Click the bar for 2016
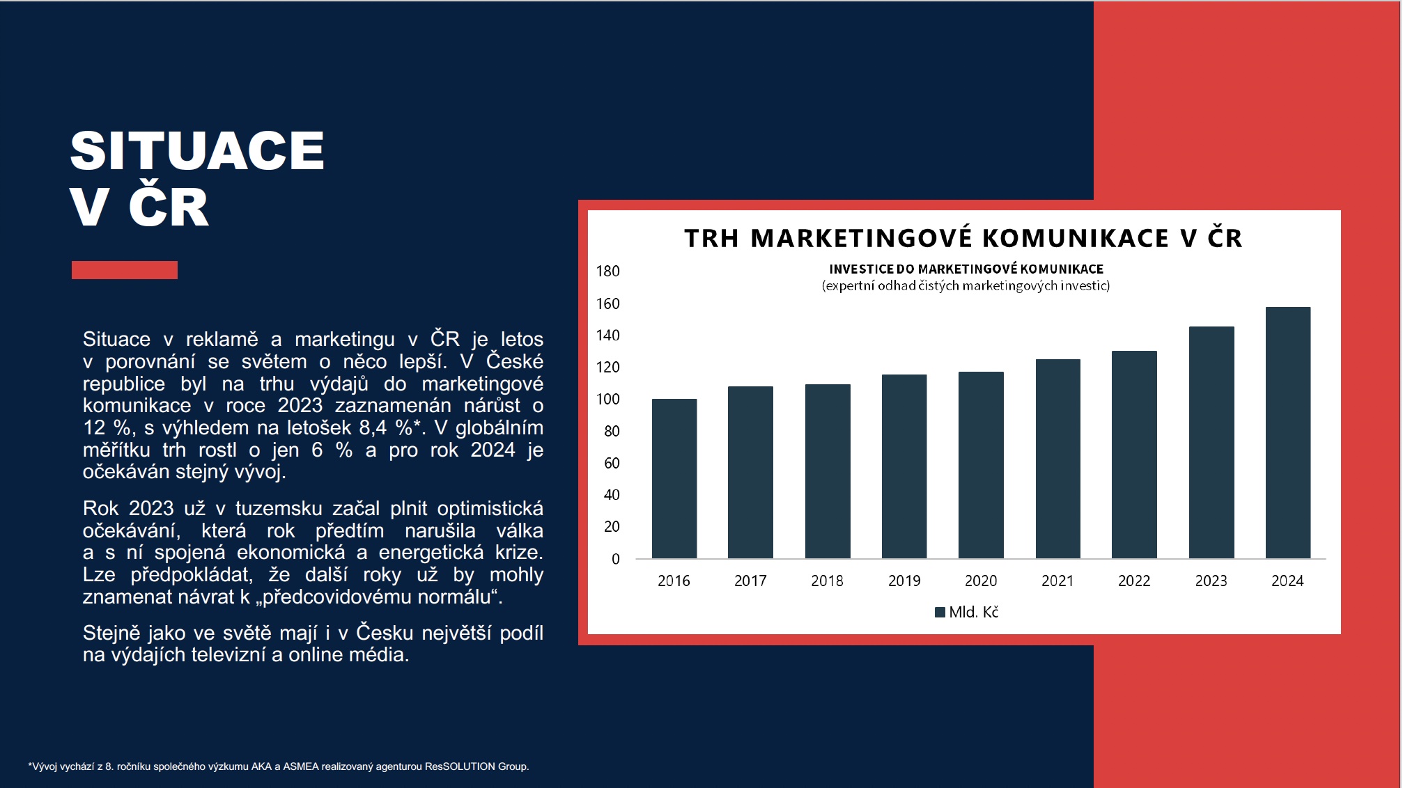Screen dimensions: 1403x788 point(674,478)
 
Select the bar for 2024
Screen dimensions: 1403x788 point(1288,432)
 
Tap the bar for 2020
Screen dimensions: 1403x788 point(981,465)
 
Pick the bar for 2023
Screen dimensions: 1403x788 point(1211,442)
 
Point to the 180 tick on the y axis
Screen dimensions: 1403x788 point(607,271)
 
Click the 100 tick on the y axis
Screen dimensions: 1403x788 point(607,399)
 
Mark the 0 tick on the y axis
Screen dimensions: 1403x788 point(615,558)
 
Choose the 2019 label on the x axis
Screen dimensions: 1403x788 point(904,581)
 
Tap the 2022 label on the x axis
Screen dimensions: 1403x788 point(1134,581)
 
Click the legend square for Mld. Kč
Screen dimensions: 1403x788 point(940,612)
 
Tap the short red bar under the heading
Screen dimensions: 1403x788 point(125,270)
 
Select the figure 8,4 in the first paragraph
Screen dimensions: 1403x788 point(373,427)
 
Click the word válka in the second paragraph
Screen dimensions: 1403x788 point(520,530)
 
